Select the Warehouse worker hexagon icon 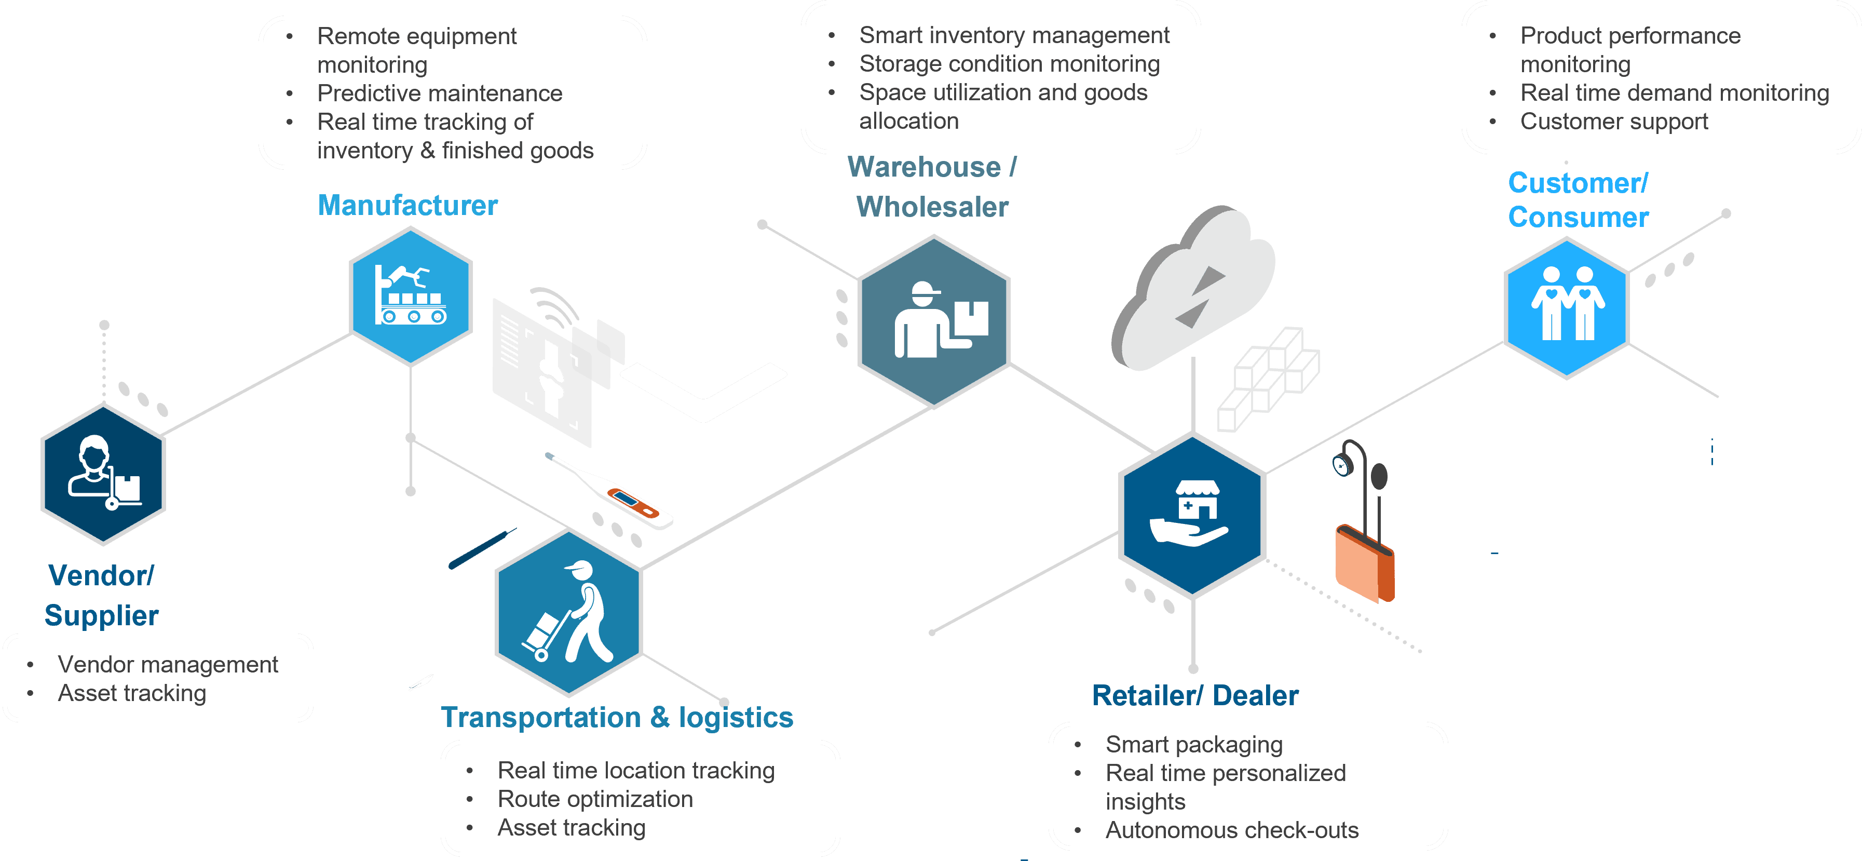coord(933,321)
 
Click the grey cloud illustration coord(1193,289)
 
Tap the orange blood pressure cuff coord(1363,564)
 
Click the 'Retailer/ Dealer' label coord(1194,695)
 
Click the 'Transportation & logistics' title coord(617,717)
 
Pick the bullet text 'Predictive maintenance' coord(440,93)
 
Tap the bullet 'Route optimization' coord(595,799)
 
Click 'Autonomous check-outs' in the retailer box coord(1232,830)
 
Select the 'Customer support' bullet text coord(1613,122)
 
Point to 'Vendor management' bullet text coord(168,664)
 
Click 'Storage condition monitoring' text coord(1009,64)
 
